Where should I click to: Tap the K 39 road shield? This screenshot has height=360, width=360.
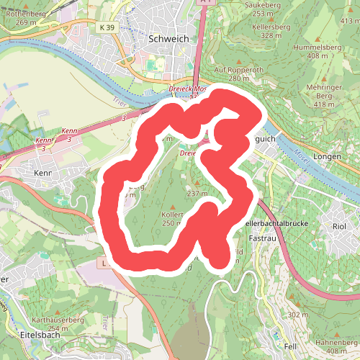pos(107,27)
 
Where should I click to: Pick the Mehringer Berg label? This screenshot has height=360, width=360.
pos(324,94)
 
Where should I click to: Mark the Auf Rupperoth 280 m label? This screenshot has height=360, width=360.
pos(229,73)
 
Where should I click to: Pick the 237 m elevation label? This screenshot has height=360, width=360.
pos(197,194)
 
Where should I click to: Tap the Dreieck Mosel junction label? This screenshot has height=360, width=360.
pos(188,89)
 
